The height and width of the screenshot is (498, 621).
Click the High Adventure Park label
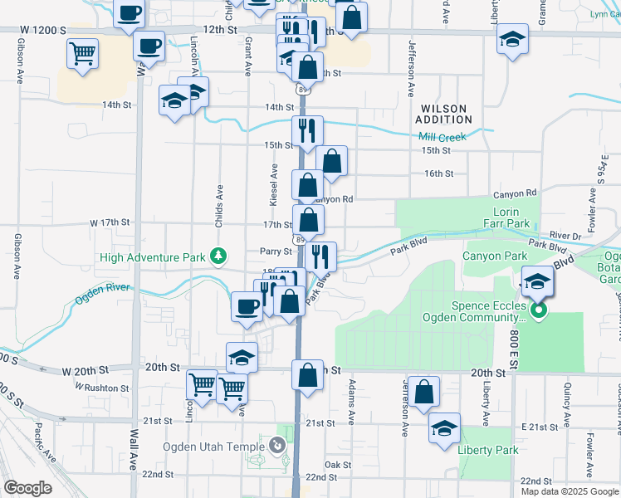click(x=152, y=257)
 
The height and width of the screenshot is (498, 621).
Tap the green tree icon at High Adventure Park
click(x=218, y=256)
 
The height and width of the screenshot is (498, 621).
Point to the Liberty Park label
click(x=488, y=451)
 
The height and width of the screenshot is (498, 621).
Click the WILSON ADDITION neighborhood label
click(x=444, y=115)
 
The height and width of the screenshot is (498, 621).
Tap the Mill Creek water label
click(x=444, y=137)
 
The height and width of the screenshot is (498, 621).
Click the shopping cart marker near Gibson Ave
click(x=82, y=55)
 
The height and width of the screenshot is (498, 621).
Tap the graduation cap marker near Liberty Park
click(x=445, y=428)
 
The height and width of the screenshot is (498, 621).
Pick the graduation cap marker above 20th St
click(x=242, y=357)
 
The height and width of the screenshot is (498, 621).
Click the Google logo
click(x=27, y=488)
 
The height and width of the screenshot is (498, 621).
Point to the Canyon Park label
click(x=494, y=256)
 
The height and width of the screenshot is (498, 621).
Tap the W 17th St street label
click(x=110, y=222)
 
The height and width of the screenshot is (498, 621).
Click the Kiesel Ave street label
click(x=273, y=184)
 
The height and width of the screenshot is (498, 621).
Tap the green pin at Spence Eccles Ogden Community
click(x=538, y=311)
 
